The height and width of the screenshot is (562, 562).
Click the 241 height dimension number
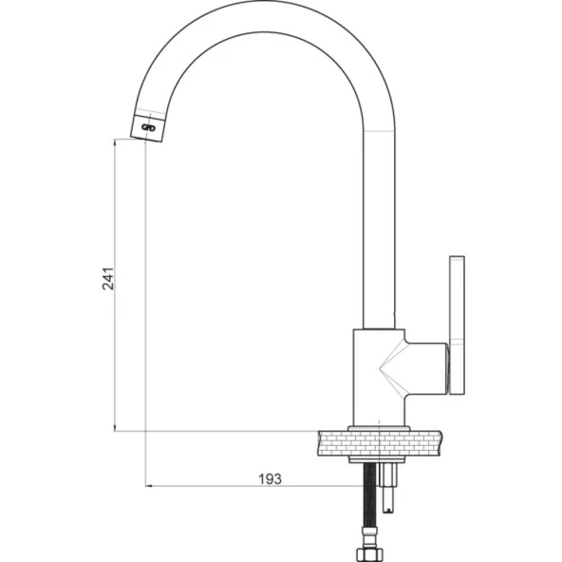pyautogui.click(x=108, y=278)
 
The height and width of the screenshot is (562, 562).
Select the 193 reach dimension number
pyautogui.click(x=270, y=478)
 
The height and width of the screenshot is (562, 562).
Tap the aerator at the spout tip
pyautogui.click(x=147, y=127)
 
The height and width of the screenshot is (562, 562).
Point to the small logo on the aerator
pyautogui.click(x=148, y=127)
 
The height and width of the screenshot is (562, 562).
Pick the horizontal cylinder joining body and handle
pyautogui.click(x=426, y=368)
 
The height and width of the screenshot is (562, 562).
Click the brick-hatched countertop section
pyautogui.click(x=380, y=443)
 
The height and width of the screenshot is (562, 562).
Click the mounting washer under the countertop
pyautogui.click(x=377, y=459)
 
